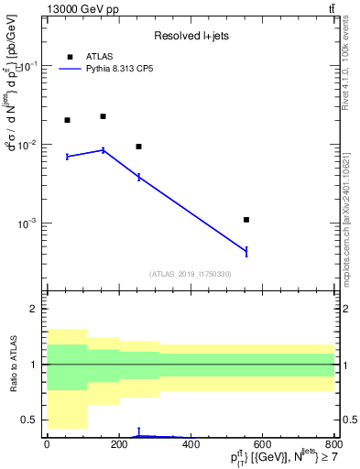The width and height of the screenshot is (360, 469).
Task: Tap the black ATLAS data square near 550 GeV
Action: pos(246,220)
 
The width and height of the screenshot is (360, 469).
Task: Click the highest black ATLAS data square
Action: pos(103,116)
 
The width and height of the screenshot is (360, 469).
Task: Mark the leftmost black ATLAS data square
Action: pos(67,120)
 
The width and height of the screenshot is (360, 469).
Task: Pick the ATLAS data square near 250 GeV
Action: pos(138,147)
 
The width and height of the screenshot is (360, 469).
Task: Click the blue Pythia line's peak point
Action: pos(103,149)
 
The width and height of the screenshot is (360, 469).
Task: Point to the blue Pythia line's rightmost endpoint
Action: pos(246,251)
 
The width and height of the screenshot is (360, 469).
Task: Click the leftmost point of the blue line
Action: pos(67,157)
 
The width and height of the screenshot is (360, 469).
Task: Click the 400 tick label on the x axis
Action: pos(191,445)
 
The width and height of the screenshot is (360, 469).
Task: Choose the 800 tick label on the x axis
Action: pos(333,445)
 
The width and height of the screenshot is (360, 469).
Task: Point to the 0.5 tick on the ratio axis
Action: pos(33,420)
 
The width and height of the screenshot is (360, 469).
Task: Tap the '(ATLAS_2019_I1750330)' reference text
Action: pos(190,274)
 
